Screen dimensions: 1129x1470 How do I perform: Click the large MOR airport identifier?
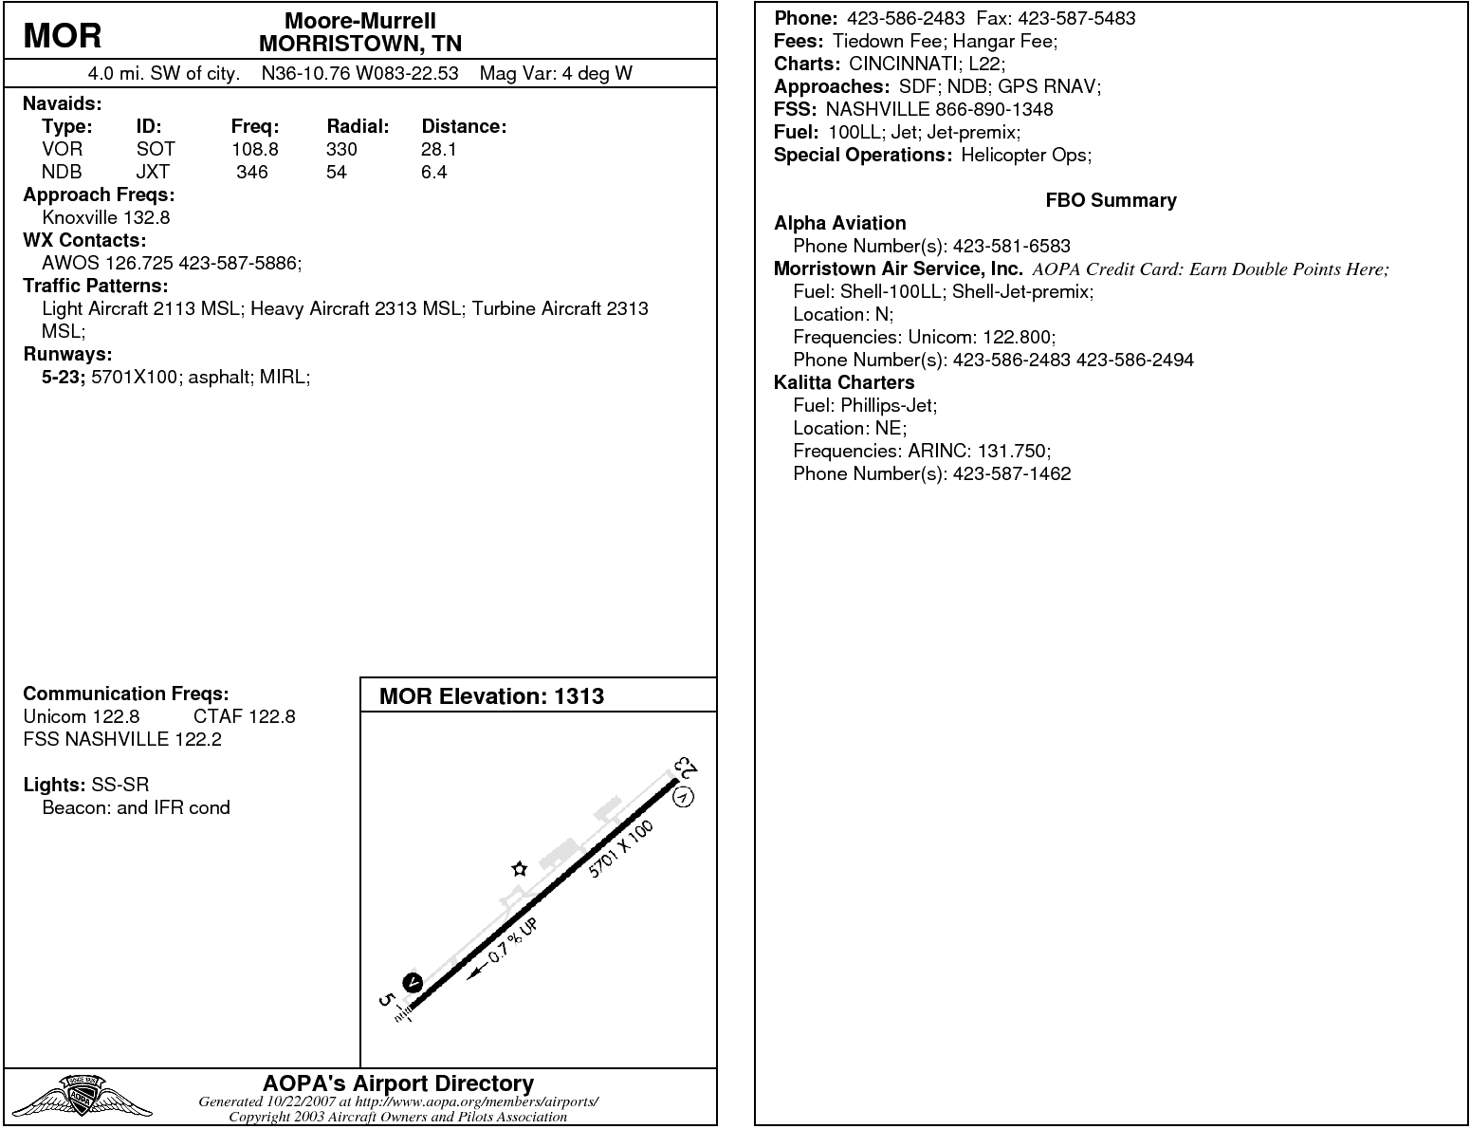click(63, 36)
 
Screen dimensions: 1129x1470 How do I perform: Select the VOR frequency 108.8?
click(255, 149)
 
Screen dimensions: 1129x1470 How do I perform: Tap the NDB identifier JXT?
click(153, 172)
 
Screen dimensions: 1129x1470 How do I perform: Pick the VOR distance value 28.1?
click(439, 149)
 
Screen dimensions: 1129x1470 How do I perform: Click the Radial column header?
click(358, 126)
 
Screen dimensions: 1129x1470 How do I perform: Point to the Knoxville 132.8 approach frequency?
click(106, 217)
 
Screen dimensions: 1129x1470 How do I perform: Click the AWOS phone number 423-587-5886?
click(240, 263)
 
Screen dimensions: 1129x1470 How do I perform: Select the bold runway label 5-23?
click(64, 377)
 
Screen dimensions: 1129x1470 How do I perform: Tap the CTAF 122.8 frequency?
click(244, 716)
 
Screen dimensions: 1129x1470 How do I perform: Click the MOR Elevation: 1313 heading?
click(491, 696)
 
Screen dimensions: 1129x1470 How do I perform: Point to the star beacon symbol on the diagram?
click(519, 868)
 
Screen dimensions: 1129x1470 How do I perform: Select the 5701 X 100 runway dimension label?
click(621, 849)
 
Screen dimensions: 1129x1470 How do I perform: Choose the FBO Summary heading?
click(1111, 200)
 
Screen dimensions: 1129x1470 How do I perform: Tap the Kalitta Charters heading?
click(844, 382)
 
